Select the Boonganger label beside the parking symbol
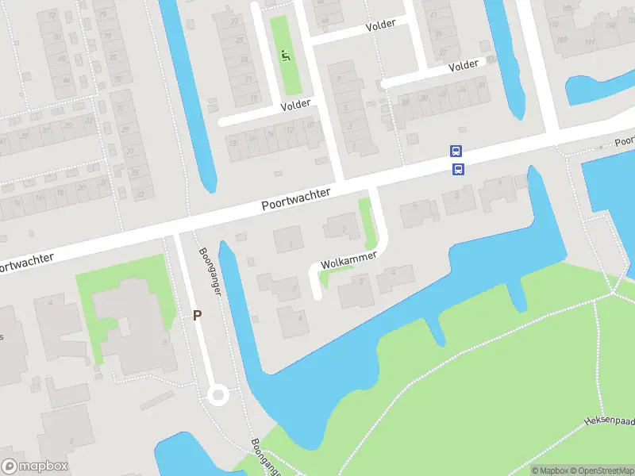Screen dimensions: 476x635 210,271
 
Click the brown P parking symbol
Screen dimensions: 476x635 197,315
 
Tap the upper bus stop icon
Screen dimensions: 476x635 456,151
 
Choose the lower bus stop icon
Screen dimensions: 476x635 458,168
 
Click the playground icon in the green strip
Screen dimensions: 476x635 287,55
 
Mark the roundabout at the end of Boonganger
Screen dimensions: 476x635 217,394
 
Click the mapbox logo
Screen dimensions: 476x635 35,466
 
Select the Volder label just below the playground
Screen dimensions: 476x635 298,105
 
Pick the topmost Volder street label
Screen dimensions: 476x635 380,25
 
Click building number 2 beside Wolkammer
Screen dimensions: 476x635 344,229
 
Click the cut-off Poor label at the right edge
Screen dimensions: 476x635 625,140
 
